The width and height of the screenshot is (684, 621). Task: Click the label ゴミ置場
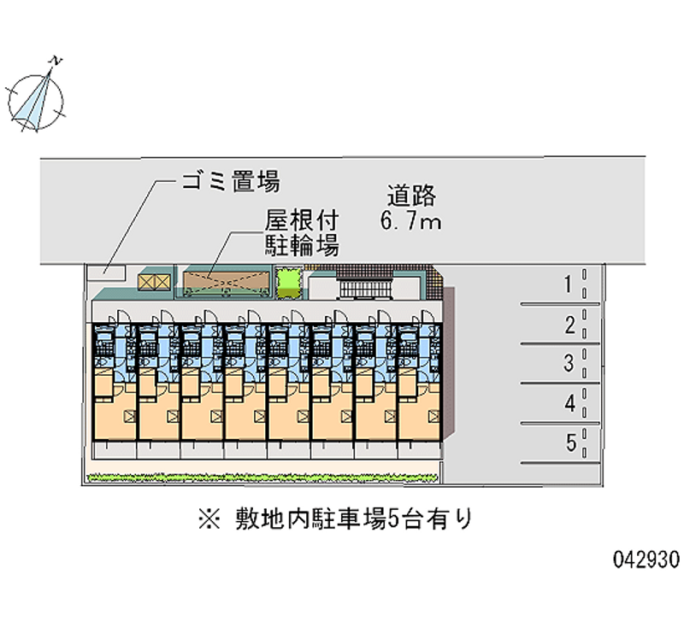(x=230, y=181)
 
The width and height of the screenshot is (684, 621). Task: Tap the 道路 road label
(x=411, y=196)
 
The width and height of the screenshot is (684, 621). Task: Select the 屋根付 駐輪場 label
(x=301, y=234)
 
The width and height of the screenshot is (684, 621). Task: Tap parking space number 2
(x=569, y=325)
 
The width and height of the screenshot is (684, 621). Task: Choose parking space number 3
(x=569, y=364)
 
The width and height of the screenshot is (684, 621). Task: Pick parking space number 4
(x=569, y=404)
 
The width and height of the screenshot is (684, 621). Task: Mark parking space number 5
(x=569, y=443)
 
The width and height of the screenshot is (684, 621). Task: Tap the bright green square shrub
(x=289, y=281)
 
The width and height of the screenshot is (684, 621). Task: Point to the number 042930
(x=646, y=559)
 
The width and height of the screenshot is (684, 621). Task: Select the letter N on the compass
(x=56, y=62)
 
